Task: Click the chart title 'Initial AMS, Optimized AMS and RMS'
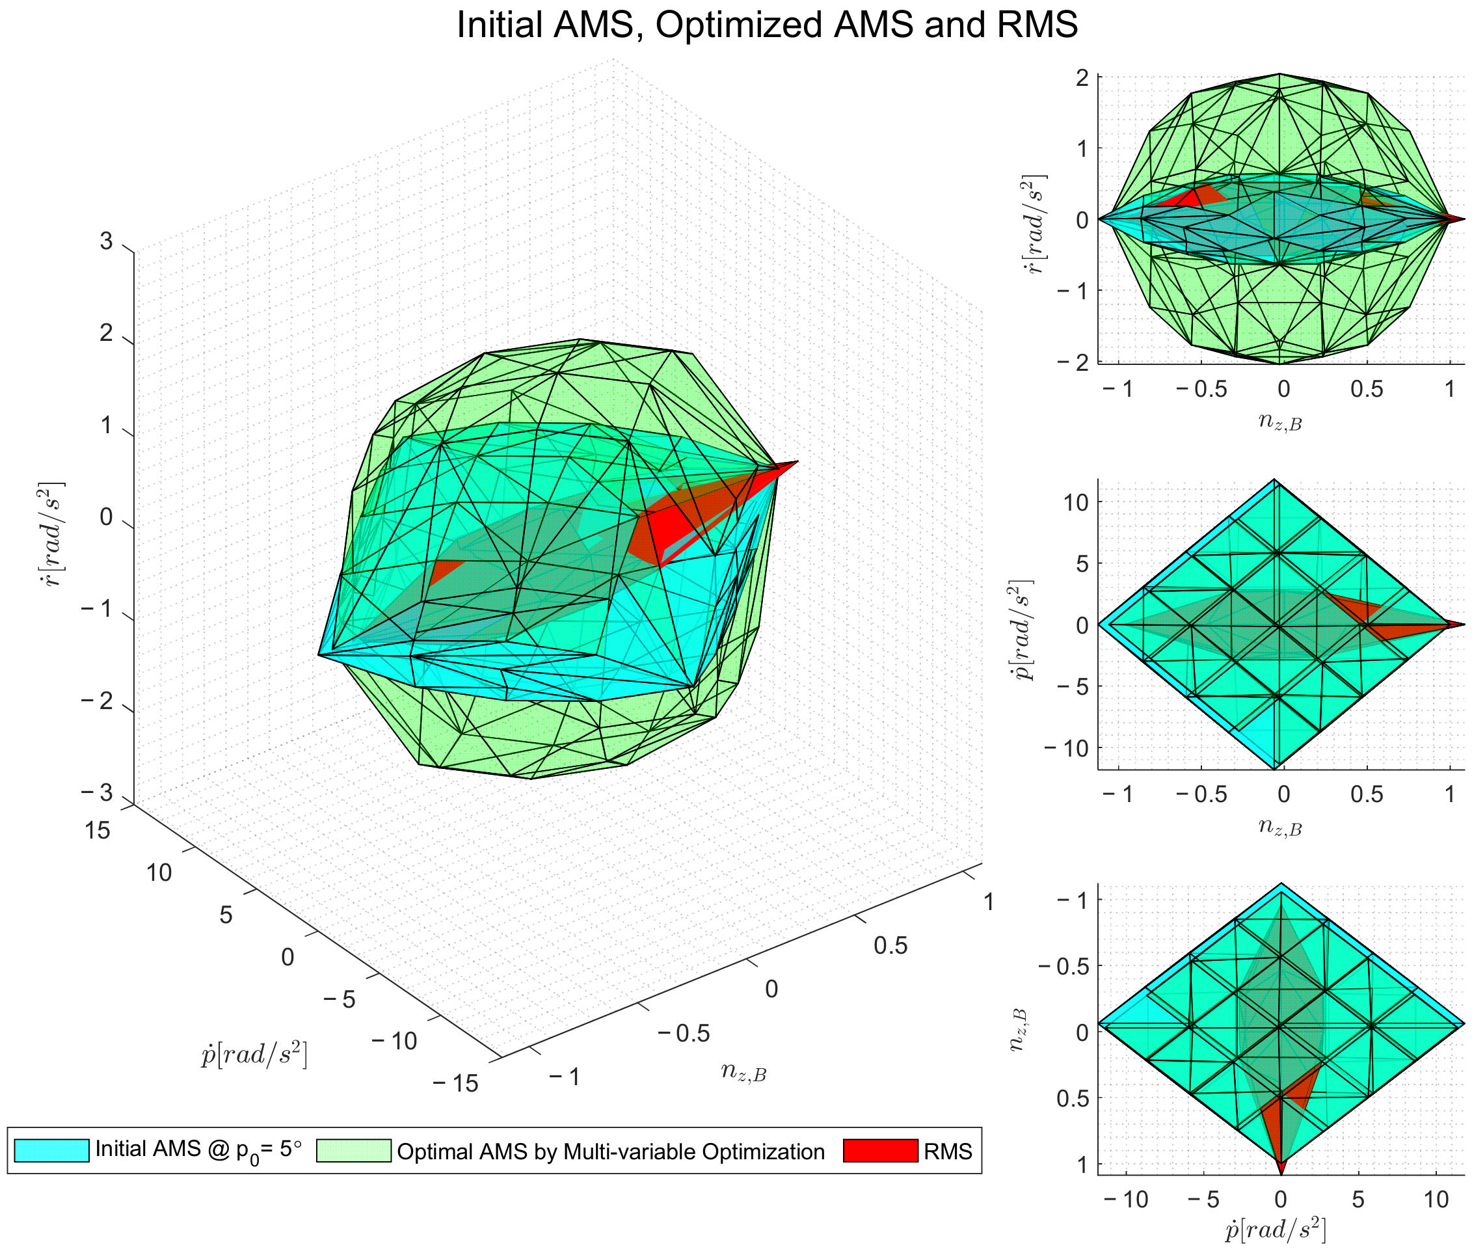click(x=766, y=25)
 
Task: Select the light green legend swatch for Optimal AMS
click(x=353, y=1150)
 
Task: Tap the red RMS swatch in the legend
click(x=880, y=1150)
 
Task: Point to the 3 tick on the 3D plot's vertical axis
click(x=107, y=242)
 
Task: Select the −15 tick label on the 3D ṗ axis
click(x=455, y=1084)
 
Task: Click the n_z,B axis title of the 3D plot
click(x=743, y=1071)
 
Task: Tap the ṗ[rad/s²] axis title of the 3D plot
click(x=254, y=1055)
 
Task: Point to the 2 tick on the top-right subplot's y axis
click(x=1082, y=77)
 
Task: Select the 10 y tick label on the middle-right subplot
click(x=1076, y=502)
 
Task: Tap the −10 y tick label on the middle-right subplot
click(x=1066, y=748)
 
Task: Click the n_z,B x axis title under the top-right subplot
click(x=1280, y=423)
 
